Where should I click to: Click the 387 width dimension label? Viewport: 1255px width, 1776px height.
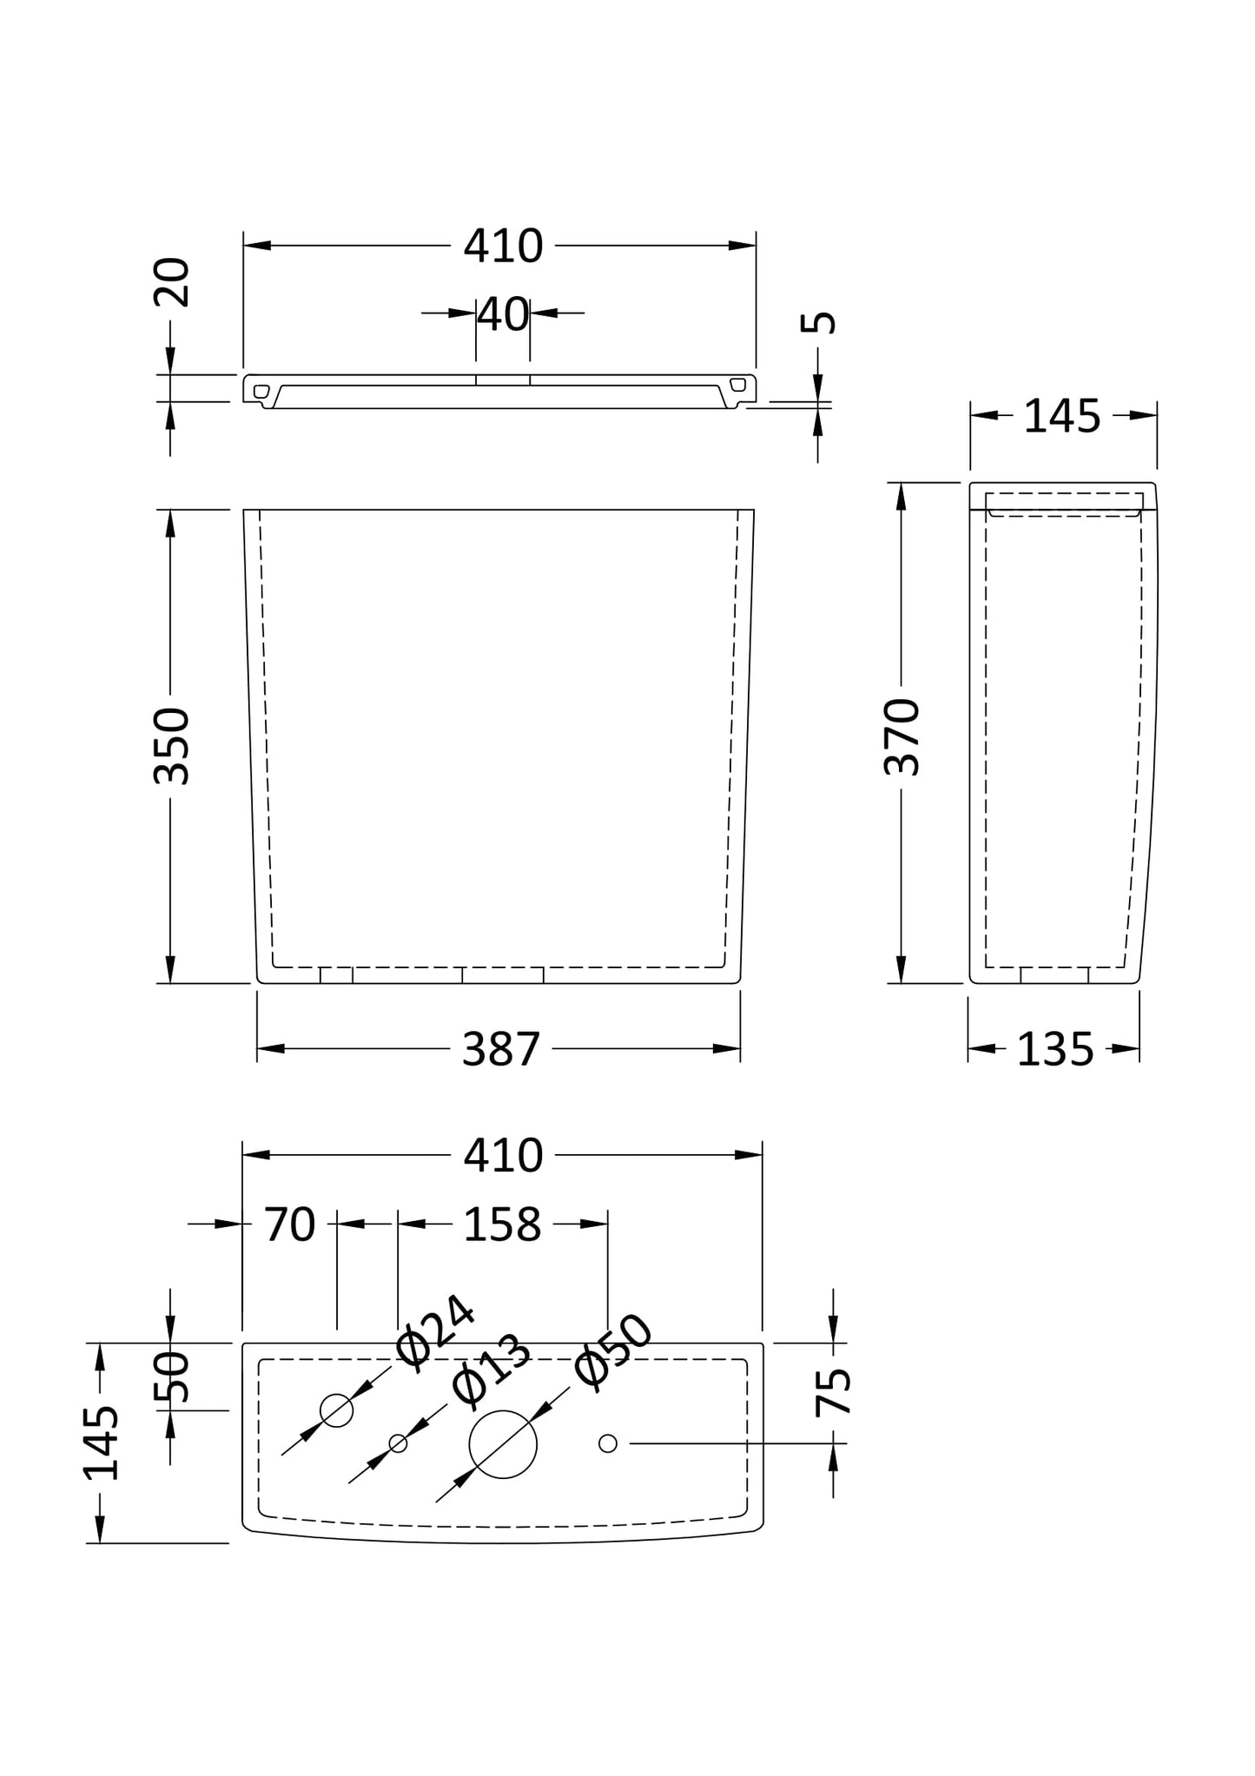[x=501, y=1049]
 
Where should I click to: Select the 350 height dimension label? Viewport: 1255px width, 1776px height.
[x=171, y=746]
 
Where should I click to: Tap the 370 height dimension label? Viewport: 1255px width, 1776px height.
[x=902, y=736]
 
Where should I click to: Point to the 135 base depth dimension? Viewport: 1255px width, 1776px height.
[x=1055, y=1050]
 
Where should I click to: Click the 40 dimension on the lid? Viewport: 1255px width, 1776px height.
[x=504, y=314]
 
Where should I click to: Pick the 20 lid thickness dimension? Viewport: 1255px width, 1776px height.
[x=171, y=281]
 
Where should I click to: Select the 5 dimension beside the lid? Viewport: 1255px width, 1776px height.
[x=818, y=322]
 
